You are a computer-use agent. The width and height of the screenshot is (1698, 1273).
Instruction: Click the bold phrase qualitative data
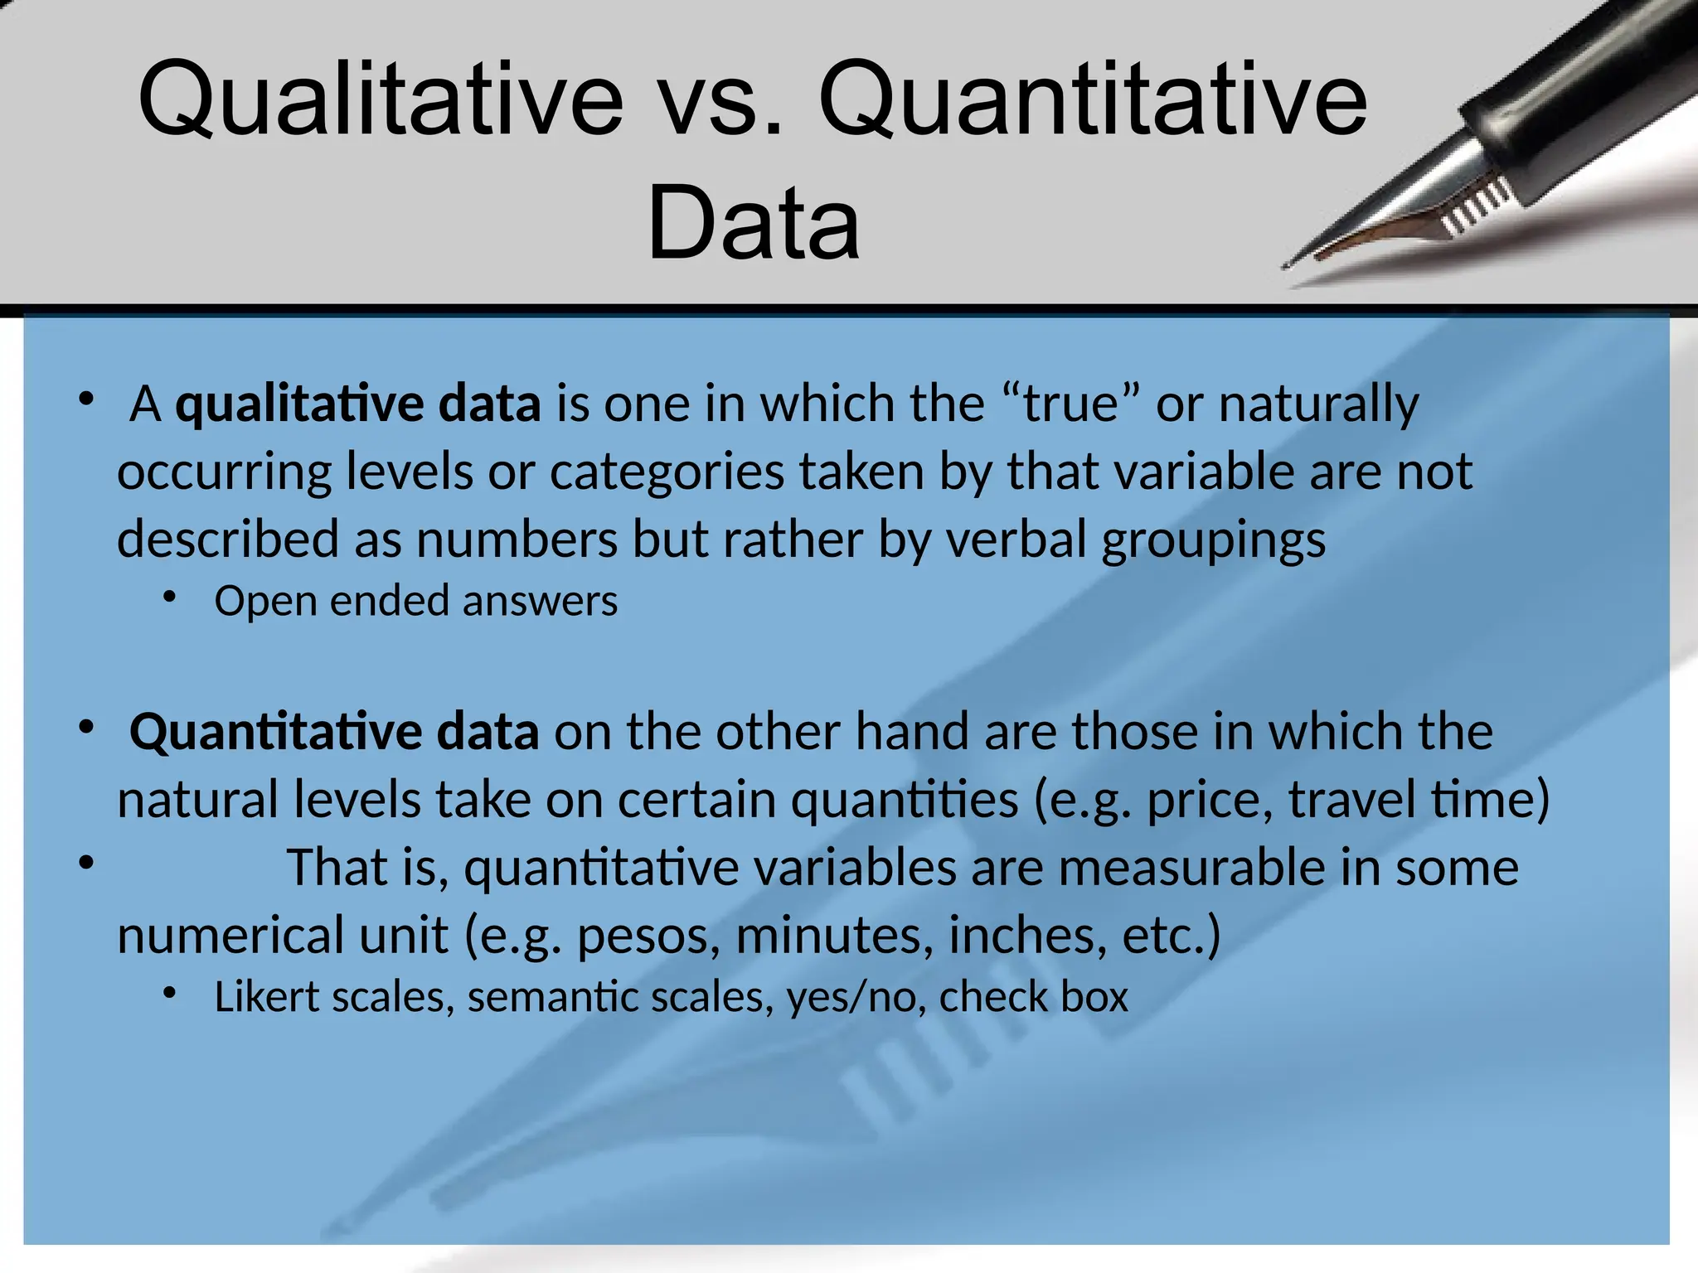(x=358, y=404)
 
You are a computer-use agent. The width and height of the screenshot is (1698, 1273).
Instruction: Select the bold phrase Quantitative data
(x=334, y=733)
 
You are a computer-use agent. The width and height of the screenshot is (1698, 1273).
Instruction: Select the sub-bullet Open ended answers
(x=415, y=601)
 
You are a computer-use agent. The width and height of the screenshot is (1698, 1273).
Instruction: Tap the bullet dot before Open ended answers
(x=170, y=597)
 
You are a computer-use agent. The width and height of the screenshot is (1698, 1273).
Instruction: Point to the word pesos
(x=648, y=937)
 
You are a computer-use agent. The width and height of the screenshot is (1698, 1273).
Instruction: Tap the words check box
(x=1033, y=997)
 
